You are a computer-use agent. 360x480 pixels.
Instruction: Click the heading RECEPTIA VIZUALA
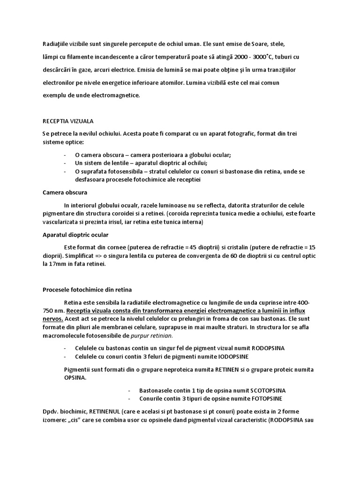68,121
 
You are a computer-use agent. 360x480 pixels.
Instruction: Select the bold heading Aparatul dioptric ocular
75,234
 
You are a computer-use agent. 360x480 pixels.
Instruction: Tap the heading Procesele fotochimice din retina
88,289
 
